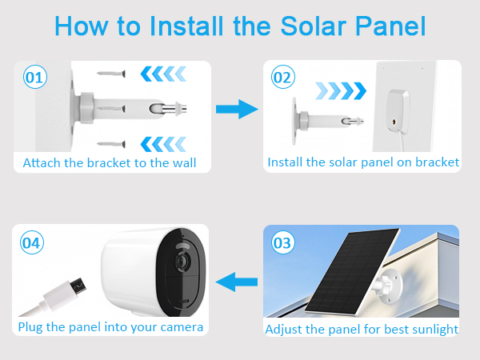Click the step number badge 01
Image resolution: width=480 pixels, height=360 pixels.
point(35,78)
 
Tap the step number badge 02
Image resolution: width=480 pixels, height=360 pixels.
point(282,78)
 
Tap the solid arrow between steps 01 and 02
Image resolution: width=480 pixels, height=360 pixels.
point(238,110)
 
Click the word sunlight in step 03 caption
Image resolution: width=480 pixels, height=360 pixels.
point(433,329)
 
